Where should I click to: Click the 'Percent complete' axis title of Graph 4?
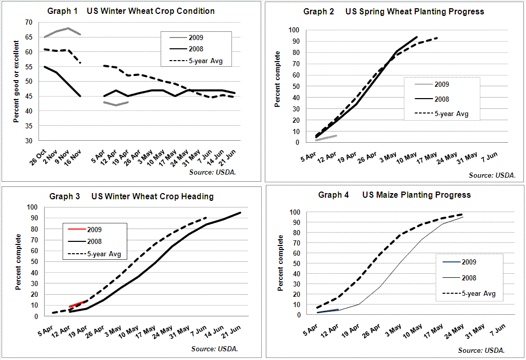coord(281,263)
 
